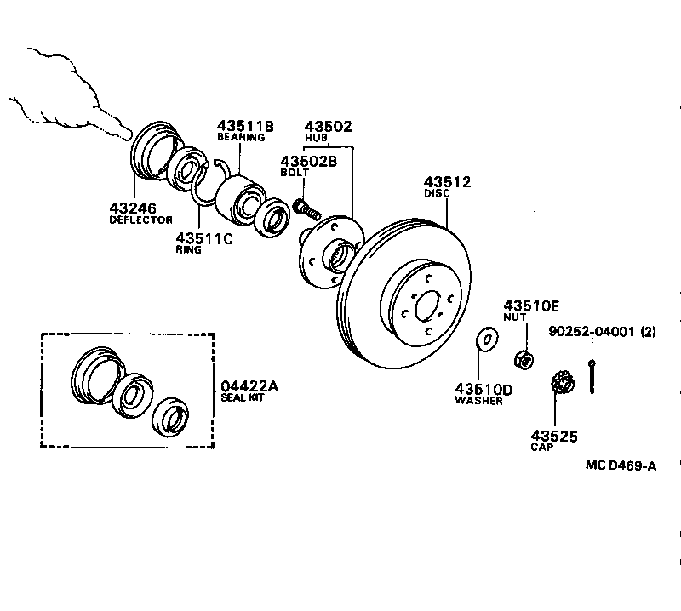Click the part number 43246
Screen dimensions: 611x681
point(133,208)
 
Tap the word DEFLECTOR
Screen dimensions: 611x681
point(141,220)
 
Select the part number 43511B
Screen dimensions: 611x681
point(245,125)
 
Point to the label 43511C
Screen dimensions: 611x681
point(203,238)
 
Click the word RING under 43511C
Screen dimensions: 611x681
point(188,250)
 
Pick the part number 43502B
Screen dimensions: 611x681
point(308,161)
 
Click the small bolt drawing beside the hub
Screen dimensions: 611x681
point(305,207)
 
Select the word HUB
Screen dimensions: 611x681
point(316,137)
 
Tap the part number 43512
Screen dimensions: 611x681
point(448,181)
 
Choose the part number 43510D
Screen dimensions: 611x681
point(484,390)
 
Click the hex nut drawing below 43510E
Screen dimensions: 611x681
point(525,359)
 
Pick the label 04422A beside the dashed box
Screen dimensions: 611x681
point(249,385)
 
